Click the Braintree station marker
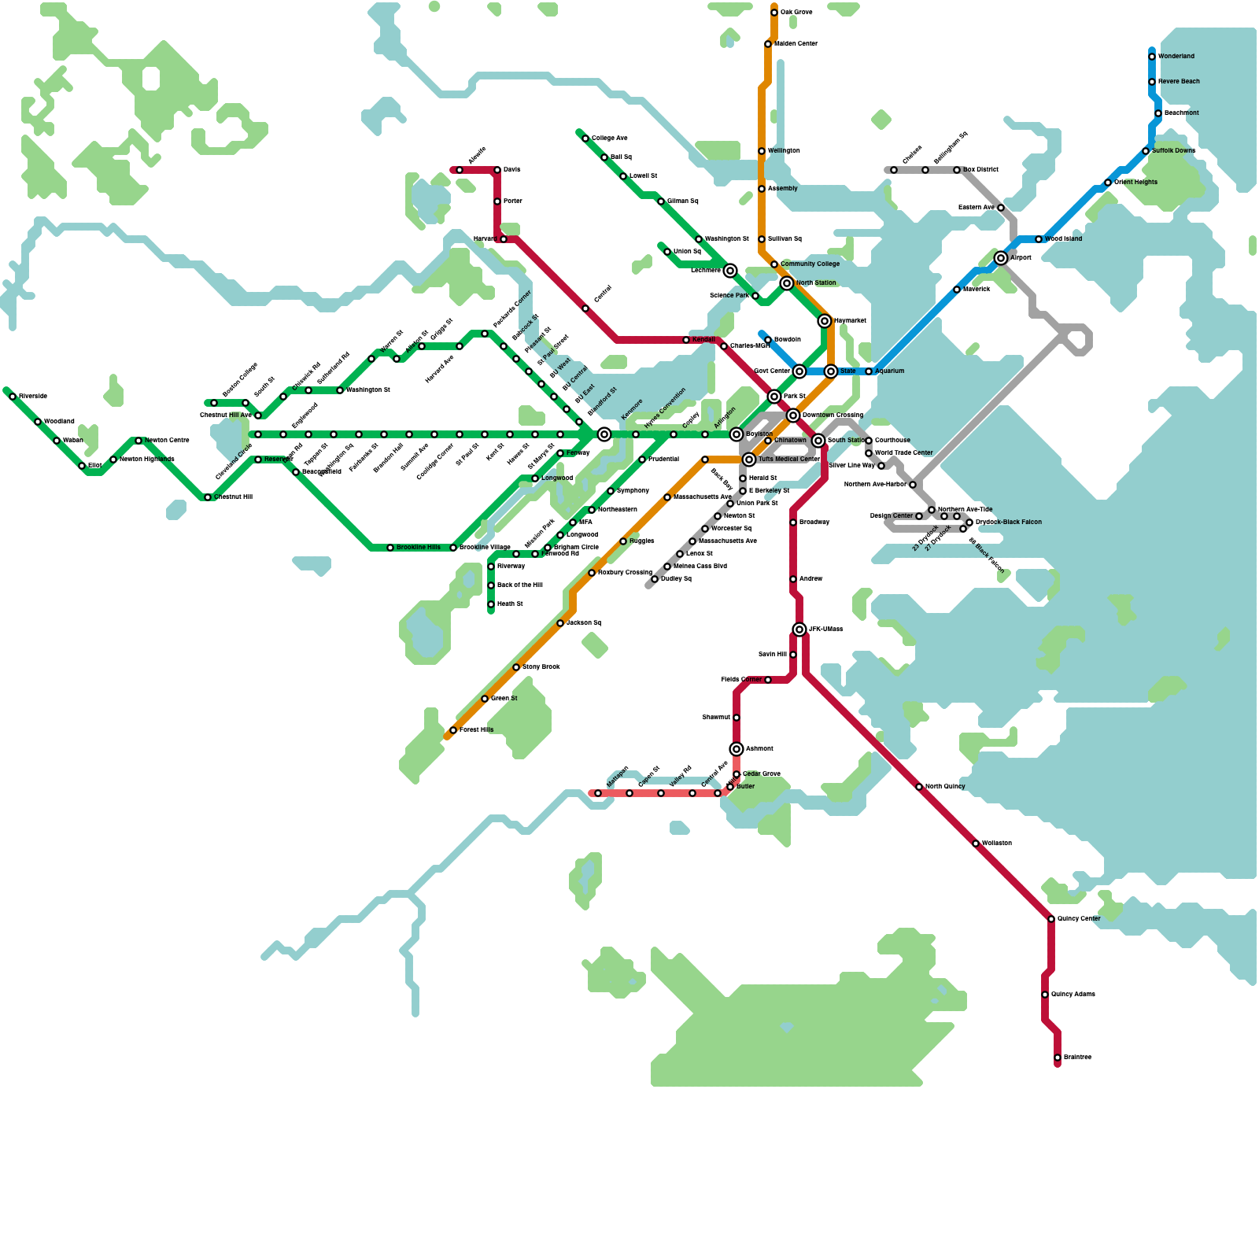(1058, 1058)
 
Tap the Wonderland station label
(1176, 57)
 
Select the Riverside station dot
(13, 397)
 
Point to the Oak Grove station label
(796, 13)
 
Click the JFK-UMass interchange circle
(799, 629)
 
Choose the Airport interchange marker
(1001, 258)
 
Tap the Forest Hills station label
(477, 730)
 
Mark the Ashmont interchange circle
(737, 749)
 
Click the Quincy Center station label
(1079, 919)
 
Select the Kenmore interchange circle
(604, 434)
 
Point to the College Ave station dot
(585, 138)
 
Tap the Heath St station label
(510, 604)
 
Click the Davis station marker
(497, 170)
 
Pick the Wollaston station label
(997, 844)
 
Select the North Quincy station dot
(919, 787)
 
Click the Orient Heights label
(1135, 183)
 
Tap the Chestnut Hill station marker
(208, 497)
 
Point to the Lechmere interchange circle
(730, 271)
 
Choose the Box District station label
(980, 170)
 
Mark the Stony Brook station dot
(516, 667)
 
